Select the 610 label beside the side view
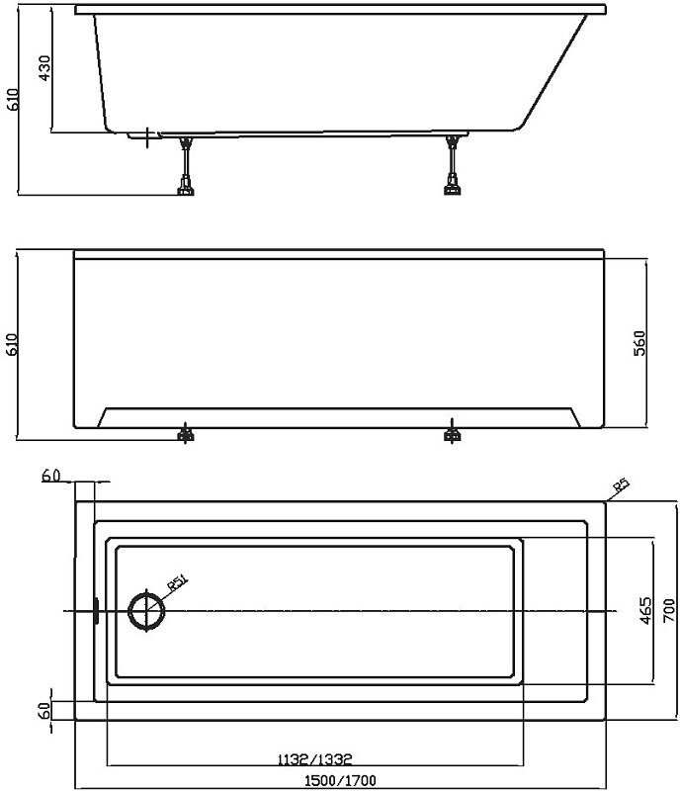click(12, 99)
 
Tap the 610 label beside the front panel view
click(12, 342)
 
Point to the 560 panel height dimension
click(639, 342)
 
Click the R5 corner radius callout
click(620, 485)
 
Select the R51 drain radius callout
click(178, 583)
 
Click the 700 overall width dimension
click(668, 612)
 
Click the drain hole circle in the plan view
click(145, 610)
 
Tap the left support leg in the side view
click(185, 164)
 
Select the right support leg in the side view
click(453, 164)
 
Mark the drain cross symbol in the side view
click(147, 135)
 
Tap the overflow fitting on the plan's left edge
click(94, 611)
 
